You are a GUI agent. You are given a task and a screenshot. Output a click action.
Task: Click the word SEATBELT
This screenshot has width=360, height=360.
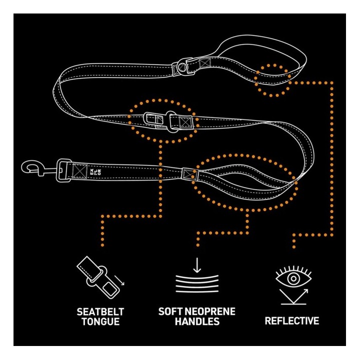(100, 312)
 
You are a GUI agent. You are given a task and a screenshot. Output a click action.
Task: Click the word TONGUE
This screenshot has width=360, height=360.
(100, 321)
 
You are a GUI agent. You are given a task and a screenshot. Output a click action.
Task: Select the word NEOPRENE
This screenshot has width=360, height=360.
(211, 311)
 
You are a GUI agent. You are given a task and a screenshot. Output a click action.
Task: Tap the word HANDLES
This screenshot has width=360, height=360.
(197, 321)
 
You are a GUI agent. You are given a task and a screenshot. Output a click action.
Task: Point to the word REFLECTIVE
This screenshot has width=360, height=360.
(292, 321)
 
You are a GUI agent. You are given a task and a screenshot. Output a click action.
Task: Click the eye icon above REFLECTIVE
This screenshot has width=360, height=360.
(293, 276)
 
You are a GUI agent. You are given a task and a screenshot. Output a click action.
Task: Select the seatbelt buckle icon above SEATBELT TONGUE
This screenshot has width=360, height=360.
(98, 277)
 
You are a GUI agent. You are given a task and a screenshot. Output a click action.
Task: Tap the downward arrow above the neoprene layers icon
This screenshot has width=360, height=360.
(197, 265)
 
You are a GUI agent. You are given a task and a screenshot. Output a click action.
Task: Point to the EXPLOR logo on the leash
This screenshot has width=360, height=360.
(95, 172)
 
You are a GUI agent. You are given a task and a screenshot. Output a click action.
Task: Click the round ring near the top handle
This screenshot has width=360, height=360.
(182, 67)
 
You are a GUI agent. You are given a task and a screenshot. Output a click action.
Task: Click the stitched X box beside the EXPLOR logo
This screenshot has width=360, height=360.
(79, 171)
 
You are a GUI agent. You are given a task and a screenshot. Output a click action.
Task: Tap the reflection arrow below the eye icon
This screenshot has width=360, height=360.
(294, 296)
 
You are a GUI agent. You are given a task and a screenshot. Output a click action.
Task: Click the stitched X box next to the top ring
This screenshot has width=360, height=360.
(205, 63)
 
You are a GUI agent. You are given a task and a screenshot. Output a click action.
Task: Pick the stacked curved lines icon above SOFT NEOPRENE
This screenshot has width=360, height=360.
(197, 284)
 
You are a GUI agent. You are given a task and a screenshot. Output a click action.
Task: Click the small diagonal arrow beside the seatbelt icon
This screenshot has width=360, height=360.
(119, 280)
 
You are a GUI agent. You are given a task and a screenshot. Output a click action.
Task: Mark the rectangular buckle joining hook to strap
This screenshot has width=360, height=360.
(63, 170)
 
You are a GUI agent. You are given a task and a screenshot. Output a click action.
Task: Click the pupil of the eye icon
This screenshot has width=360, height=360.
(293, 278)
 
